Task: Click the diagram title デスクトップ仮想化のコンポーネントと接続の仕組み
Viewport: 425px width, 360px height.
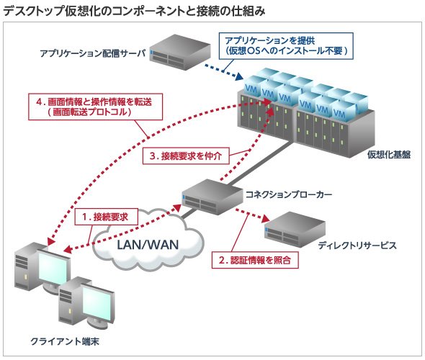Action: click(134, 11)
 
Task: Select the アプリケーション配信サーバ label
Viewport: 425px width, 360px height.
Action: click(92, 53)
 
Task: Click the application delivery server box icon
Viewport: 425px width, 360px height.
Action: click(179, 52)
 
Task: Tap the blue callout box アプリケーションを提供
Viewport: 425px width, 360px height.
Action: click(286, 46)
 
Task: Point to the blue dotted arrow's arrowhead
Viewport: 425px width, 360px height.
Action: click(238, 76)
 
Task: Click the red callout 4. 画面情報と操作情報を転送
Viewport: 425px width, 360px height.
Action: click(95, 107)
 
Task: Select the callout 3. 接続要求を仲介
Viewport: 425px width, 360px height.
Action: click(186, 156)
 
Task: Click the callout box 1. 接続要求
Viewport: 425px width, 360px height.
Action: click(106, 217)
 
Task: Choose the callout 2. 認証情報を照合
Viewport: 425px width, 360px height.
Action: click(255, 260)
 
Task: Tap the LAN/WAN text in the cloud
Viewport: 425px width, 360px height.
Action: click(148, 245)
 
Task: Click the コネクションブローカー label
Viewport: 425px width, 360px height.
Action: click(289, 194)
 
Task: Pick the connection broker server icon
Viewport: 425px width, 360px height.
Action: click(212, 197)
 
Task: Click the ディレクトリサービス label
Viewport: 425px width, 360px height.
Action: click(357, 246)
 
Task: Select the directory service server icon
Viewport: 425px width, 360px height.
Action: click(295, 230)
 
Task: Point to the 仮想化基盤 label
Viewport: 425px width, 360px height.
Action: click(389, 154)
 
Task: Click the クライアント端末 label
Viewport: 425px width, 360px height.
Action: click(65, 341)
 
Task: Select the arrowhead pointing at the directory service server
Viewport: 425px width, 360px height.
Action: click(266, 219)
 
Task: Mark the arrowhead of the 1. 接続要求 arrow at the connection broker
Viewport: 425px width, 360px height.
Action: click(177, 208)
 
